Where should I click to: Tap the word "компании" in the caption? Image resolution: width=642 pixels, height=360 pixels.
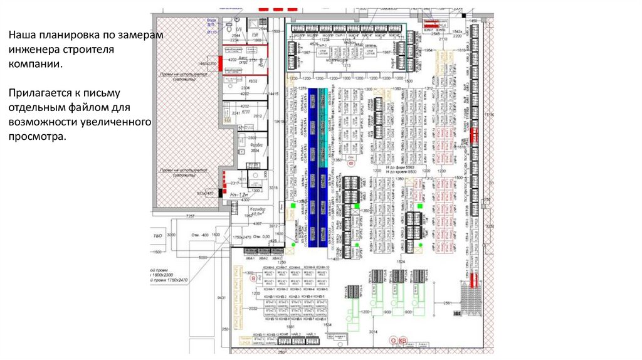click(34, 64)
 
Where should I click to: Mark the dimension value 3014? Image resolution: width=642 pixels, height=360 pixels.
click(374, 331)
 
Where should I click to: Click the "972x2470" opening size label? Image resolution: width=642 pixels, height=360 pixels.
click(205, 193)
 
